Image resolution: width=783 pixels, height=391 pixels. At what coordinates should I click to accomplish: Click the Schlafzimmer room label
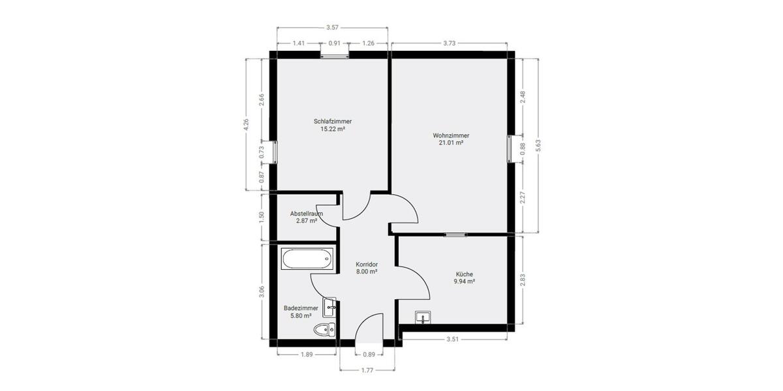click(x=333, y=121)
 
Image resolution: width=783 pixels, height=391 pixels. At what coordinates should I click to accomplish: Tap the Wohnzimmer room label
click(x=451, y=136)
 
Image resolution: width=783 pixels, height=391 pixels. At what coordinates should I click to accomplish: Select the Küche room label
click(x=464, y=274)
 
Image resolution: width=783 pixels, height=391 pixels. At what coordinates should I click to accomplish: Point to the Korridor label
click(x=367, y=265)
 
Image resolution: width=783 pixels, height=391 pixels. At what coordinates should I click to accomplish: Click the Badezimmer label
click(x=301, y=308)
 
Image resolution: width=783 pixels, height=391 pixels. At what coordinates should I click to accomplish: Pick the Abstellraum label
click(x=307, y=213)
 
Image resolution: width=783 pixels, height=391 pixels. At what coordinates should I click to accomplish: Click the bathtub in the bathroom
click(x=307, y=260)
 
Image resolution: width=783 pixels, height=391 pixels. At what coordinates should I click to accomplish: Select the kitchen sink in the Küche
click(x=423, y=317)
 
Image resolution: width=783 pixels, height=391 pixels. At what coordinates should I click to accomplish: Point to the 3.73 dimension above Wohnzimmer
click(x=449, y=43)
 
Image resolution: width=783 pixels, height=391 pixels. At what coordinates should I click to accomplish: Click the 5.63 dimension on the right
click(x=538, y=145)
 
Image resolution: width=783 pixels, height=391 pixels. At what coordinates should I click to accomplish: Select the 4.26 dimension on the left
click(x=246, y=124)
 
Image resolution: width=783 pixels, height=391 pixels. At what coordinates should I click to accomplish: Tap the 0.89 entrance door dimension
click(x=369, y=355)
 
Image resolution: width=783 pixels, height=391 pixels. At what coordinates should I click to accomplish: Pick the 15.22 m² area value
click(x=333, y=129)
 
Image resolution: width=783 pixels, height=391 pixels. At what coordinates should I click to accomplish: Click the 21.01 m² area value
click(x=451, y=143)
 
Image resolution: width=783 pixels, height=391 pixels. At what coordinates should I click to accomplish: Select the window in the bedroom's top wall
click(x=335, y=55)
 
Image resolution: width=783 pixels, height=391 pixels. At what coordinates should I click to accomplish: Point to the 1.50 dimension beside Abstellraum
click(x=262, y=218)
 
